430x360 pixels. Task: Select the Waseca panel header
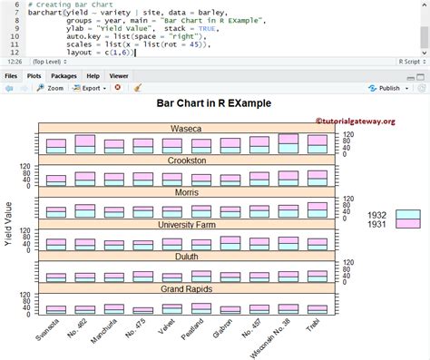186,129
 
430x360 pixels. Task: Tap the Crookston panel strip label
186,161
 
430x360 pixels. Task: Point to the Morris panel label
186,192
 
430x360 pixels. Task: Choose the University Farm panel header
186,224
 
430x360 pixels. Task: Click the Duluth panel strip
186,257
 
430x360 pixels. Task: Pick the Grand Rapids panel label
186,288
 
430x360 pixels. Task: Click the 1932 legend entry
377,215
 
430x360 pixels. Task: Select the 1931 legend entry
377,224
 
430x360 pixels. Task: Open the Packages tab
64,76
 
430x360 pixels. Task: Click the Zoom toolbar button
50,89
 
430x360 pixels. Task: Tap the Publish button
386,89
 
